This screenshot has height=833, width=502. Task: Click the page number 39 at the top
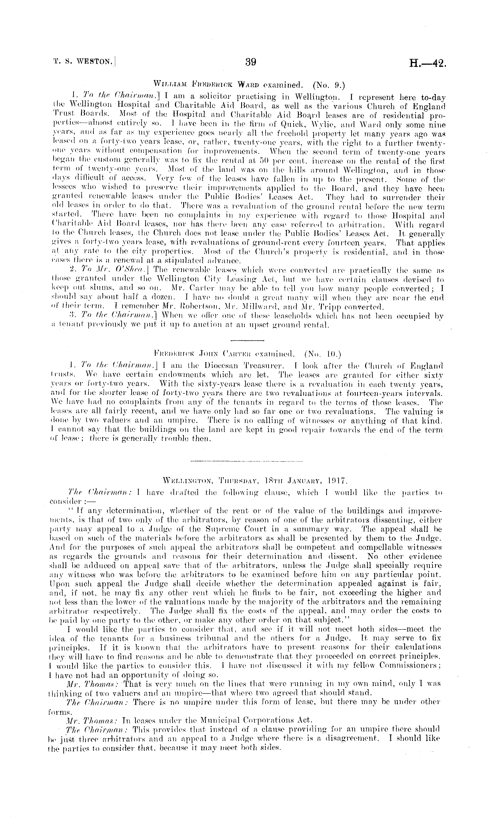250,62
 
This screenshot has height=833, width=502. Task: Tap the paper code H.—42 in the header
428,63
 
